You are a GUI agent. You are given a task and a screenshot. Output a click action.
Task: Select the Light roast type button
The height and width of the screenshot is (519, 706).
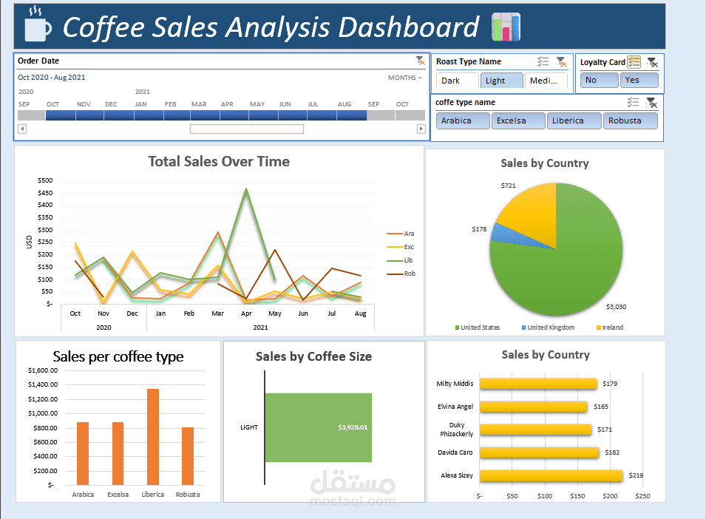point(501,81)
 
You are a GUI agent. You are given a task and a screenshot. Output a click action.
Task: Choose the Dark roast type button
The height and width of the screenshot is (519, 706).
point(456,81)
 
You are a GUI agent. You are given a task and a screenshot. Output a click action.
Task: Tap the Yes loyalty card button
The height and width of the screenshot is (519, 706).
point(639,80)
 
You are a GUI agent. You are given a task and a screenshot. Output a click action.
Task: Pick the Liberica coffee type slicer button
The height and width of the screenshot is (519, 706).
point(574,121)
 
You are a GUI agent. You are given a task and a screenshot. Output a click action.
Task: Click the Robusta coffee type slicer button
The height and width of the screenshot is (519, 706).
point(630,121)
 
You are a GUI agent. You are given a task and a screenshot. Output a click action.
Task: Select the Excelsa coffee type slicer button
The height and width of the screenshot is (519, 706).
point(518,121)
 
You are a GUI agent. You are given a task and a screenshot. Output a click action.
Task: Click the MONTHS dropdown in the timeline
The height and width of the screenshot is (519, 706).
point(405,78)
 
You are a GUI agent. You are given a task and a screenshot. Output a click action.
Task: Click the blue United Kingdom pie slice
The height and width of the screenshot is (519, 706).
point(501,232)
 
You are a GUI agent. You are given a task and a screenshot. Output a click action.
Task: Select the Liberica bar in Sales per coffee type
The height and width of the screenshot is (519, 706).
point(153,436)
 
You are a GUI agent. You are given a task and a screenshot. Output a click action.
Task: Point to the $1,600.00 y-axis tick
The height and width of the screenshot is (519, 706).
point(41,370)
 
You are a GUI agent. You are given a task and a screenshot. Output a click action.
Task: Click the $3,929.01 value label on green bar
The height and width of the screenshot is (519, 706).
point(353,427)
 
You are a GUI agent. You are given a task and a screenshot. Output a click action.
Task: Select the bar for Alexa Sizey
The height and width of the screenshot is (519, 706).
point(551,475)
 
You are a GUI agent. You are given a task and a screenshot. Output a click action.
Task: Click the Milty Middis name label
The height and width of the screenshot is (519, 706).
point(455,384)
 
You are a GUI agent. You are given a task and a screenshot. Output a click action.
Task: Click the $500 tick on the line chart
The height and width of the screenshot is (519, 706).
point(45,180)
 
